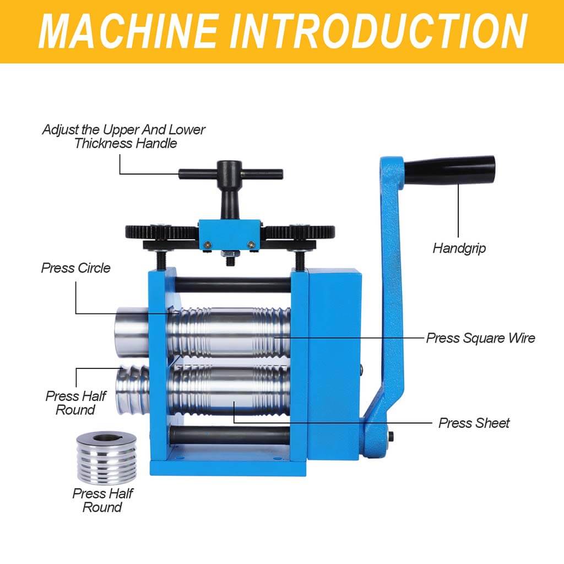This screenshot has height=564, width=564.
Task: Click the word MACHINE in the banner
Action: (128, 31)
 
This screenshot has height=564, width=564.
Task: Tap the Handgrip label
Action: (459, 248)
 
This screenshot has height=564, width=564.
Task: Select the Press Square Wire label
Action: (480, 338)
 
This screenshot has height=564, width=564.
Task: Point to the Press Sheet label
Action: (474, 423)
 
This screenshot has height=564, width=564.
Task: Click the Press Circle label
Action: (75, 268)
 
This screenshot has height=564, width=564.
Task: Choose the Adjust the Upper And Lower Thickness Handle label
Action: (124, 137)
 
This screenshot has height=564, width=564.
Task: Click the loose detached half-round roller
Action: (106, 457)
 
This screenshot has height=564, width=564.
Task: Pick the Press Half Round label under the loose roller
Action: (102, 500)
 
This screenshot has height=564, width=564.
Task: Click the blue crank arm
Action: (388, 306)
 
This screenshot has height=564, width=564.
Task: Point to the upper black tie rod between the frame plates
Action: (233, 285)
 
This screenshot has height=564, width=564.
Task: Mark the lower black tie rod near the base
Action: (230, 435)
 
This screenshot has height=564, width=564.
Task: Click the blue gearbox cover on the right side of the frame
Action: (334, 364)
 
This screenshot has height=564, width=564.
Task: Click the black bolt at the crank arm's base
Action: (391, 436)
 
